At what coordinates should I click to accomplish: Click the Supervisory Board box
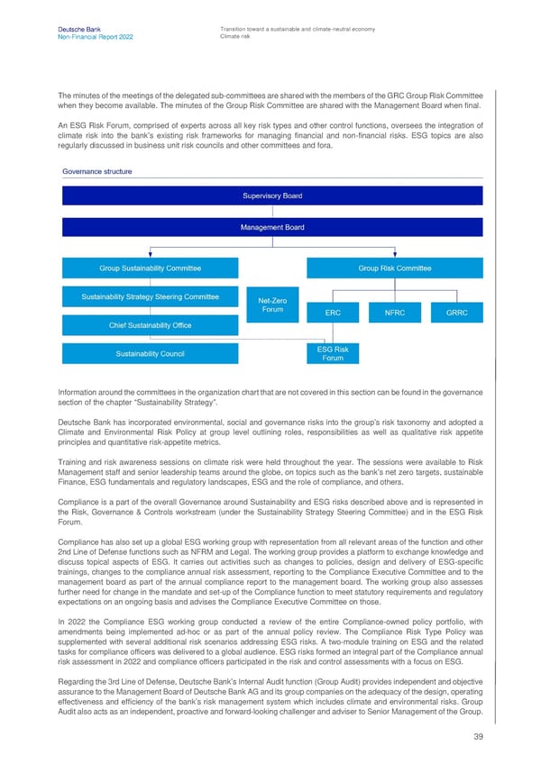(271, 196)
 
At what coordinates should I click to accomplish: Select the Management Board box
(271, 228)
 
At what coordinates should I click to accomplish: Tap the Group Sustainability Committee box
(150, 268)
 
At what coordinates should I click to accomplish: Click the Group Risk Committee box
(394, 268)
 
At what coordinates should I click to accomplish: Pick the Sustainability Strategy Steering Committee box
(150, 296)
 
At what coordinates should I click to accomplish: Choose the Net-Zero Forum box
(272, 305)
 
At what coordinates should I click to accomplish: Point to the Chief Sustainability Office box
(150, 325)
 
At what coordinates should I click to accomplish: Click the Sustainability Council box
(150, 353)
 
